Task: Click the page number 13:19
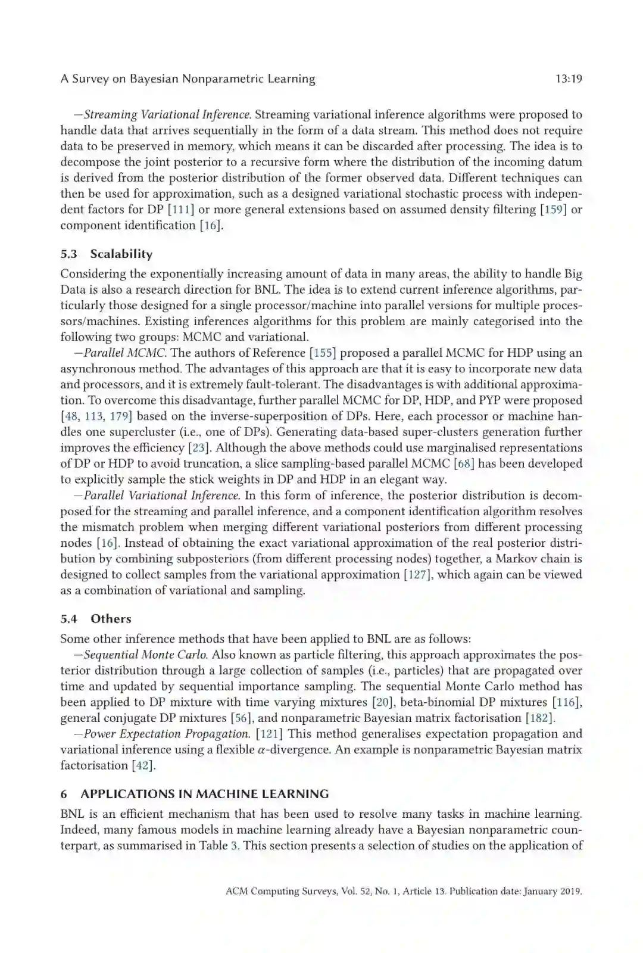coord(568,79)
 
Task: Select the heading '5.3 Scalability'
coord(107,254)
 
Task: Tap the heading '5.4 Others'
coord(96,619)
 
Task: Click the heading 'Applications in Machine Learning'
coord(195,794)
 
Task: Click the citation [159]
coord(553,210)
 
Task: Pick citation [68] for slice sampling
coord(464,463)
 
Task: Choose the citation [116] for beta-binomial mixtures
coord(566,702)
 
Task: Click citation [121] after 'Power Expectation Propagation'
coord(269,734)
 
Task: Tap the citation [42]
coord(143,765)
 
